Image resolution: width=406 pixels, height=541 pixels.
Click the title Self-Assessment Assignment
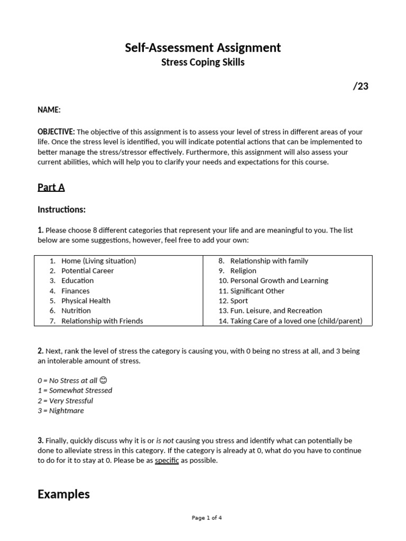click(202, 48)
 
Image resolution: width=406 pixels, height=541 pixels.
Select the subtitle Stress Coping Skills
click(202, 63)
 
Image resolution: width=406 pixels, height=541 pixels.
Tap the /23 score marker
click(361, 87)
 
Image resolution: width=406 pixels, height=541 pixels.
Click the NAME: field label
click(49, 110)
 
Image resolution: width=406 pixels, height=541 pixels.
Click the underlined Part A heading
click(51, 188)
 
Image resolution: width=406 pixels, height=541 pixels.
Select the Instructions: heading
click(61, 210)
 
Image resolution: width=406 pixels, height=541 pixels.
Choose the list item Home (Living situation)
click(98, 261)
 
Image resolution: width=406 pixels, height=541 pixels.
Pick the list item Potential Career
click(87, 271)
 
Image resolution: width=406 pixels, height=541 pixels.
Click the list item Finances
click(76, 291)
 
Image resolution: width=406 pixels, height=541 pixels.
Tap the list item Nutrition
click(76, 311)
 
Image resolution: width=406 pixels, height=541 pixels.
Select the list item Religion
click(243, 271)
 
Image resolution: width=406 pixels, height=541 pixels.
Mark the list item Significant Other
click(257, 291)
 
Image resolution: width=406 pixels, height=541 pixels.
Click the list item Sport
click(239, 301)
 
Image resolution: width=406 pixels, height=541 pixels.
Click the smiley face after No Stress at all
click(103, 380)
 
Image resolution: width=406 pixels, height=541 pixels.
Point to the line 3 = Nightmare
click(61, 411)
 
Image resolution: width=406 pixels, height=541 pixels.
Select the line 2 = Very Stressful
click(66, 400)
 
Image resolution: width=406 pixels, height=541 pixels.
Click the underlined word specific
click(167, 461)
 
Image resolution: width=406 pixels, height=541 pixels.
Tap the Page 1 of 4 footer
click(207, 518)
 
